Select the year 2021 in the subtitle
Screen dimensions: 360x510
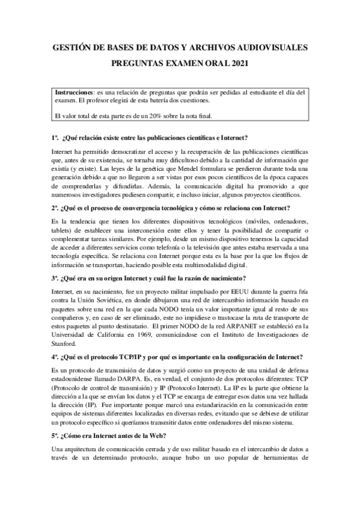coord(236,62)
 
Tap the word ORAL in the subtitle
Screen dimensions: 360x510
coord(207,62)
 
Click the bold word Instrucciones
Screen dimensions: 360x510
coord(73,93)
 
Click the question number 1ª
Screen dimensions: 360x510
coord(55,138)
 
